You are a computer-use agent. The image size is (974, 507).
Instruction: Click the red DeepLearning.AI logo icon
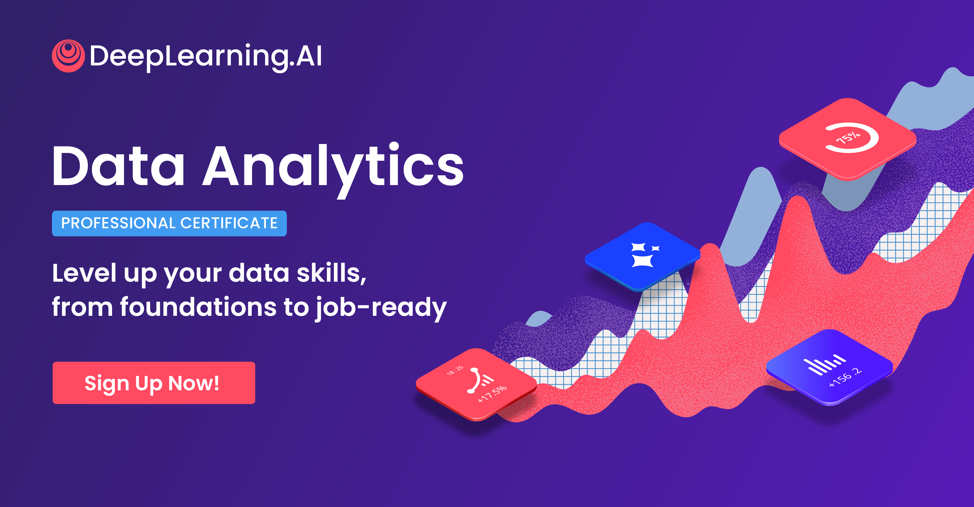coord(68,56)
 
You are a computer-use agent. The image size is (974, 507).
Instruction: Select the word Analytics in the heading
coord(333,170)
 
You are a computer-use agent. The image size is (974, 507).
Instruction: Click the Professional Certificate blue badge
coord(169,223)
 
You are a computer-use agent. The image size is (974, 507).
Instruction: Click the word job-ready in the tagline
coord(381,308)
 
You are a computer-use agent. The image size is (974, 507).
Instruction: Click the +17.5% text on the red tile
coord(492,394)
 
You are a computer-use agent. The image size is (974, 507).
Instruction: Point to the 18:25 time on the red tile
coord(455,370)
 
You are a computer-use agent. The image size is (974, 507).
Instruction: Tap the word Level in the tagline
coord(84,273)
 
